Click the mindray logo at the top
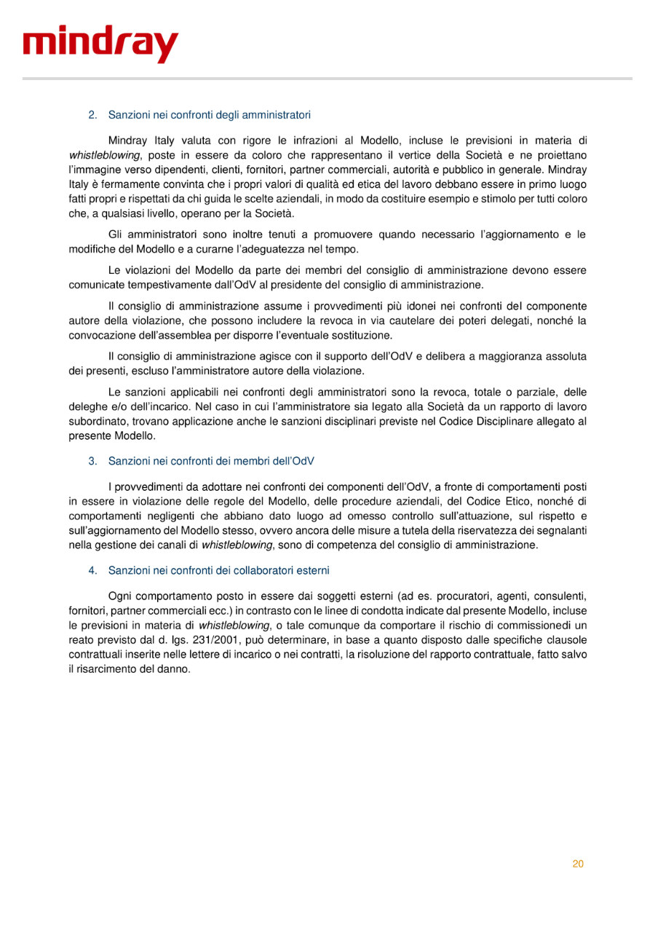click(100, 45)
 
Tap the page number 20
click(578, 864)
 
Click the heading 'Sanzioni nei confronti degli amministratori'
click(210, 114)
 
